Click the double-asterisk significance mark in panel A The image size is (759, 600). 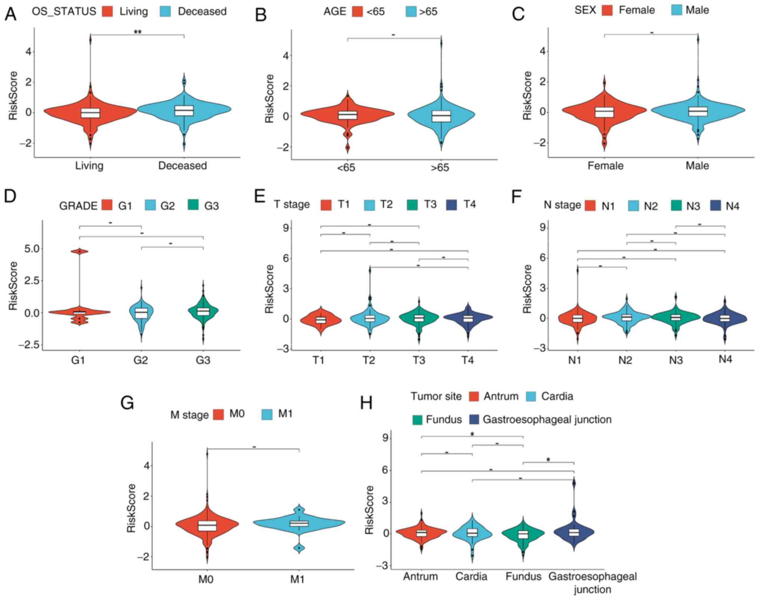coord(137,32)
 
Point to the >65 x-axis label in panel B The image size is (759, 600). coord(440,168)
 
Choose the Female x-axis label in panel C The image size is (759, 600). coord(605,165)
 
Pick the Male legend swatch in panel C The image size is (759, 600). coord(676,10)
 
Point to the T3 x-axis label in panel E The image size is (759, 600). coord(419,360)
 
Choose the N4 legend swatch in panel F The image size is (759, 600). coord(716,206)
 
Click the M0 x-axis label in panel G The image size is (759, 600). coord(206,579)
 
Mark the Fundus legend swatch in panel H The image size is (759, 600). coord(417,420)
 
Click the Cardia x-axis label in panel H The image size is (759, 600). coord(471,577)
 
